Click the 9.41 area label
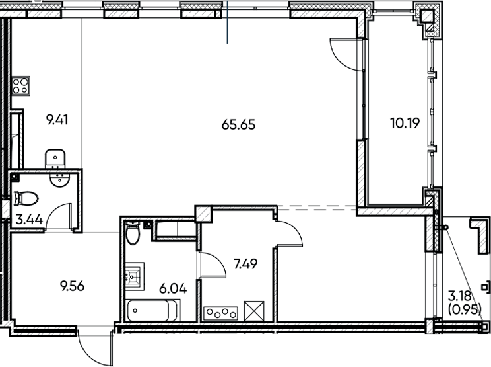coord(57,120)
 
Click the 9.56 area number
coord(73,286)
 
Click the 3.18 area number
coord(460,295)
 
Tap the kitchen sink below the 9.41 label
coord(55,157)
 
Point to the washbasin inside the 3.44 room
coord(62,180)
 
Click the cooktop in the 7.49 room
coord(222,311)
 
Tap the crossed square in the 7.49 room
coord(253,310)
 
